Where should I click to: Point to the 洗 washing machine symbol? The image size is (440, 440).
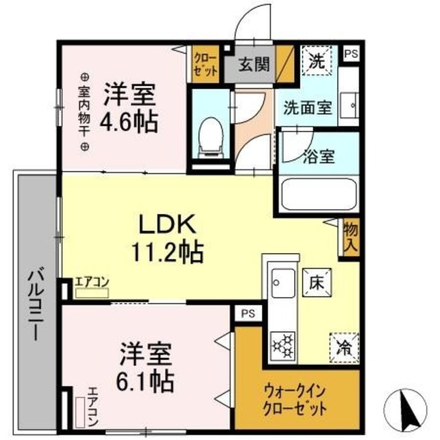pyautogui.click(x=317, y=60)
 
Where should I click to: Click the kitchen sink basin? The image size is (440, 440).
pyautogui.click(x=280, y=283)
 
